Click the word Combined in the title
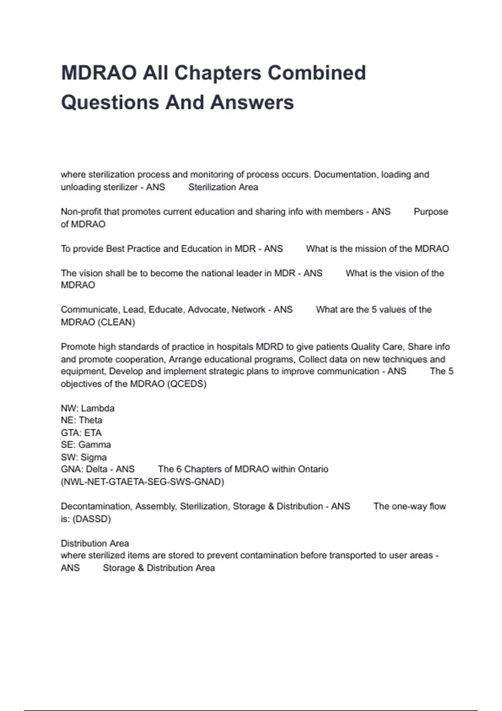pyautogui.click(x=317, y=73)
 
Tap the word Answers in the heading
pyautogui.click(x=252, y=102)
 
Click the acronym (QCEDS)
pyautogui.click(x=187, y=384)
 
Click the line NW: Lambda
pyautogui.click(x=87, y=408)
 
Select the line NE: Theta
pyautogui.click(x=82, y=420)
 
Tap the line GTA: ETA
pyautogui.click(x=81, y=432)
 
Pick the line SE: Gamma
pyautogui.click(x=86, y=445)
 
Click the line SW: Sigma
pyautogui.click(x=84, y=457)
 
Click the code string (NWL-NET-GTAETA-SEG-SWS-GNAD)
pyautogui.click(x=142, y=482)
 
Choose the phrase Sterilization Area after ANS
pyautogui.click(x=223, y=187)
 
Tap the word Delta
pyautogui.click(x=97, y=469)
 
